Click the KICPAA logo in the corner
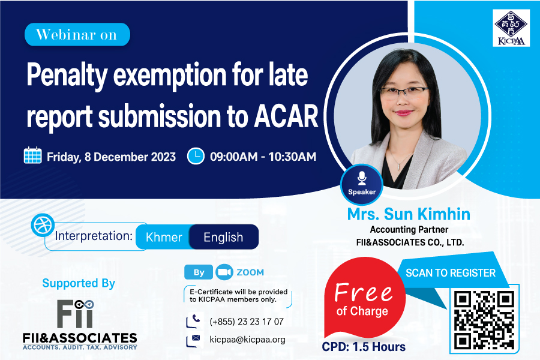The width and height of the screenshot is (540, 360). tap(511, 28)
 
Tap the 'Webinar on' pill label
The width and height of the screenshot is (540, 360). tap(77, 34)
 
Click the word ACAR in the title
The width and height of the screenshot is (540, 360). tap(286, 116)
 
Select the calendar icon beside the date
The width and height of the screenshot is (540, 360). tap(33, 155)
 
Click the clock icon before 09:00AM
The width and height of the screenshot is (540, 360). tap(196, 156)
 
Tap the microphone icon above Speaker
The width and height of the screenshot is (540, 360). tap(362, 178)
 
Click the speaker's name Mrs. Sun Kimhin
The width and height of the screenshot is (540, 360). tap(409, 214)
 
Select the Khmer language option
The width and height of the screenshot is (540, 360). tap(164, 237)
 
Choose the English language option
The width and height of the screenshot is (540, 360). tap(224, 237)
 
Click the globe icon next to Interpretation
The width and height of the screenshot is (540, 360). tap(43, 225)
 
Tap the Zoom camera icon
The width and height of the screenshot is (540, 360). tap(224, 272)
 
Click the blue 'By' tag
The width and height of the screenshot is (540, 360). tap(199, 272)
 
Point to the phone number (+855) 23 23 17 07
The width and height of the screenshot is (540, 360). tap(247, 322)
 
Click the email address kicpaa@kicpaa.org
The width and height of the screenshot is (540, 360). tap(247, 340)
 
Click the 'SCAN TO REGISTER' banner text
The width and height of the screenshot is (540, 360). tap(451, 273)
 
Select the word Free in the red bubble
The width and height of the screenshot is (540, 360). tap(364, 292)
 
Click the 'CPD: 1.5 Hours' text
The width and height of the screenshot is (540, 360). tap(364, 347)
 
